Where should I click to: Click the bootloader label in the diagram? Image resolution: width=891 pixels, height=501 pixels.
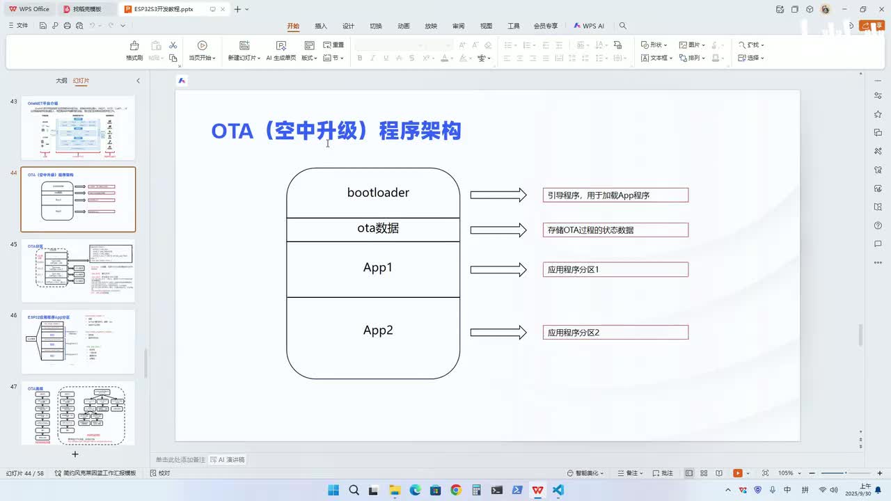pyautogui.click(x=378, y=193)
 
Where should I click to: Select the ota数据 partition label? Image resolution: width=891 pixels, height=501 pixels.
pyautogui.click(x=378, y=228)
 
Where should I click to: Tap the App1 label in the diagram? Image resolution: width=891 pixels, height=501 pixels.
pyautogui.click(x=378, y=268)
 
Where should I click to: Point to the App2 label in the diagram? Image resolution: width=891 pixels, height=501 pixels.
pyautogui.click(x=378, y=331)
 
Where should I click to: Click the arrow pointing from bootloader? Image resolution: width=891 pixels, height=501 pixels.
pyautogui.click(x=498, y=195)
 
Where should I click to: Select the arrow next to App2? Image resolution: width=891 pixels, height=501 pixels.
pyautogui.click(x=498, y=333)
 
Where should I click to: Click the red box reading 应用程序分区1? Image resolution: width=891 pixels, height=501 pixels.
pyautogui.click(x=615, y=269)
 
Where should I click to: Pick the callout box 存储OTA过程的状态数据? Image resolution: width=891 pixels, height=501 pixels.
pyautogui.click(x=615, y=230)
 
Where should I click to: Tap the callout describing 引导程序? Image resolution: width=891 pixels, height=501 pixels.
pyautogui.click(x=615, y=195)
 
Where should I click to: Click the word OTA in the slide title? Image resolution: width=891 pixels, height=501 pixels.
pyautogui.click(x=232, y=131)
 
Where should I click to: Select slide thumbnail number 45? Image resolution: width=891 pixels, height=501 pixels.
pyautogui.click(x=78, y=271)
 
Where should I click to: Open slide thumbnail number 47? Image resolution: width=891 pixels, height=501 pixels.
pyautogui.click(x=78, y=414)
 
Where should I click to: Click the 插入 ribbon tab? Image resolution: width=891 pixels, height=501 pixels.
pyautogui.click(x=321, y=26)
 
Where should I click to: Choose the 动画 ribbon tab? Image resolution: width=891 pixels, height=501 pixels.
pyautogui.click(x=404, y=26)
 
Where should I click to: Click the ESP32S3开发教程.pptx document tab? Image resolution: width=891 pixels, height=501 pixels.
pyautogui.click(x=163, y=9)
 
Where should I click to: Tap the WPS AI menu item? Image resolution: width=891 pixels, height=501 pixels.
pyautogui.click(x=589, y=26)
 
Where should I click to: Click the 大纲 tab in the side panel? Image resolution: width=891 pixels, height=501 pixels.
pyautogui.click(x=62, y=81)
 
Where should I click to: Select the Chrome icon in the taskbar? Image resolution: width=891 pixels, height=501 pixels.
pyautogui.click(x=456, y=490)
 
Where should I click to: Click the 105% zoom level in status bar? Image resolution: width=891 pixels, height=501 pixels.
pyautogui.click(x=786, y=473)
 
